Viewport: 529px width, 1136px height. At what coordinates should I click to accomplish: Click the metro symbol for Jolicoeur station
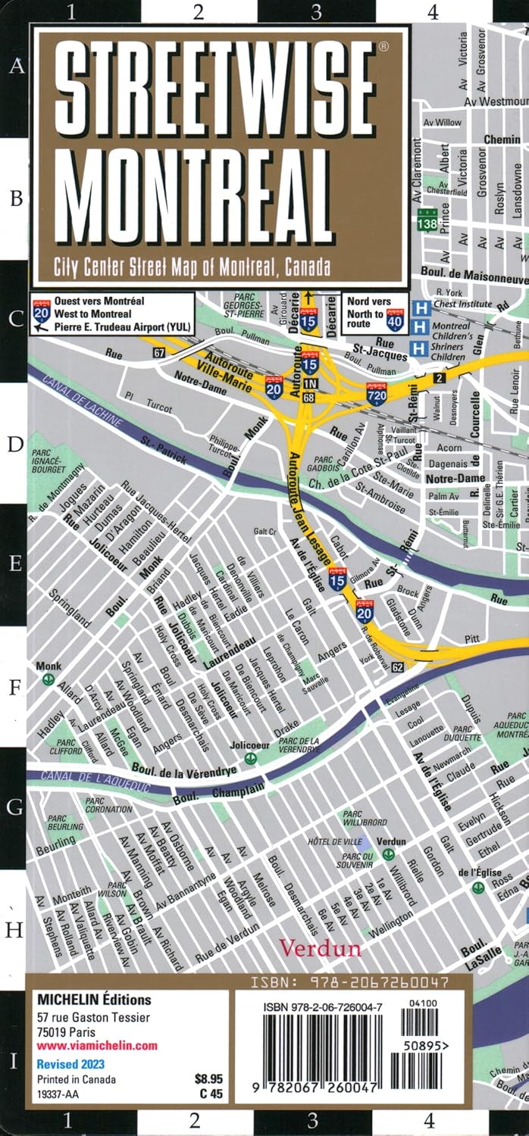251,757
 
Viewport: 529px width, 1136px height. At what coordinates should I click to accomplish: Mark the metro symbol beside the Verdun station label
389,854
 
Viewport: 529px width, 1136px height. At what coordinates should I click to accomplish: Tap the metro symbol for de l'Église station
477,887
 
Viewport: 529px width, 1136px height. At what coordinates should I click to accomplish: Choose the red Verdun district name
320,947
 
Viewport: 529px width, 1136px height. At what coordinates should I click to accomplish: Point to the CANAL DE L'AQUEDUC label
86,780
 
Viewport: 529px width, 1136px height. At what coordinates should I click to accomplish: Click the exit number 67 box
158,353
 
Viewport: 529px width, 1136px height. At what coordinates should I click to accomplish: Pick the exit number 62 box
398,666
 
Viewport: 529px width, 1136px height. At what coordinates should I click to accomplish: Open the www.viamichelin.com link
97,1046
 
